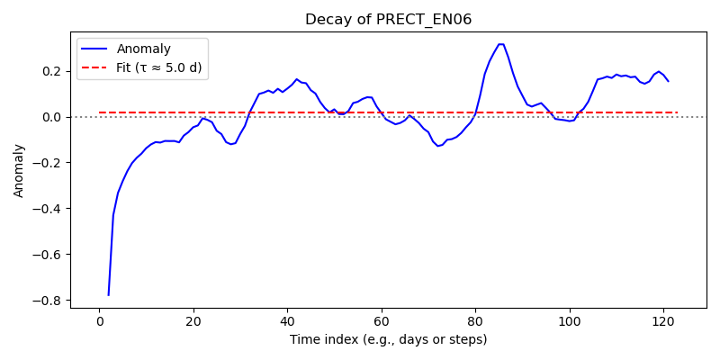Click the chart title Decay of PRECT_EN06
coord(389,20)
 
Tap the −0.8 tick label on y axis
coord(52,301)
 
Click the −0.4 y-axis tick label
coord(52,209)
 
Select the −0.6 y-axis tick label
coord(52,255)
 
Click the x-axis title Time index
coord(388,340)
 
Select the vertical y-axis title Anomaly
coord(18,171)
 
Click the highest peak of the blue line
coord(501,44)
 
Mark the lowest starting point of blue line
coord(108,295)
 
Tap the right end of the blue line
coord(668,81)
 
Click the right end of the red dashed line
coord(678,112)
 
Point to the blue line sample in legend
coord(94,49)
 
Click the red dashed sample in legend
coord(94,69)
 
